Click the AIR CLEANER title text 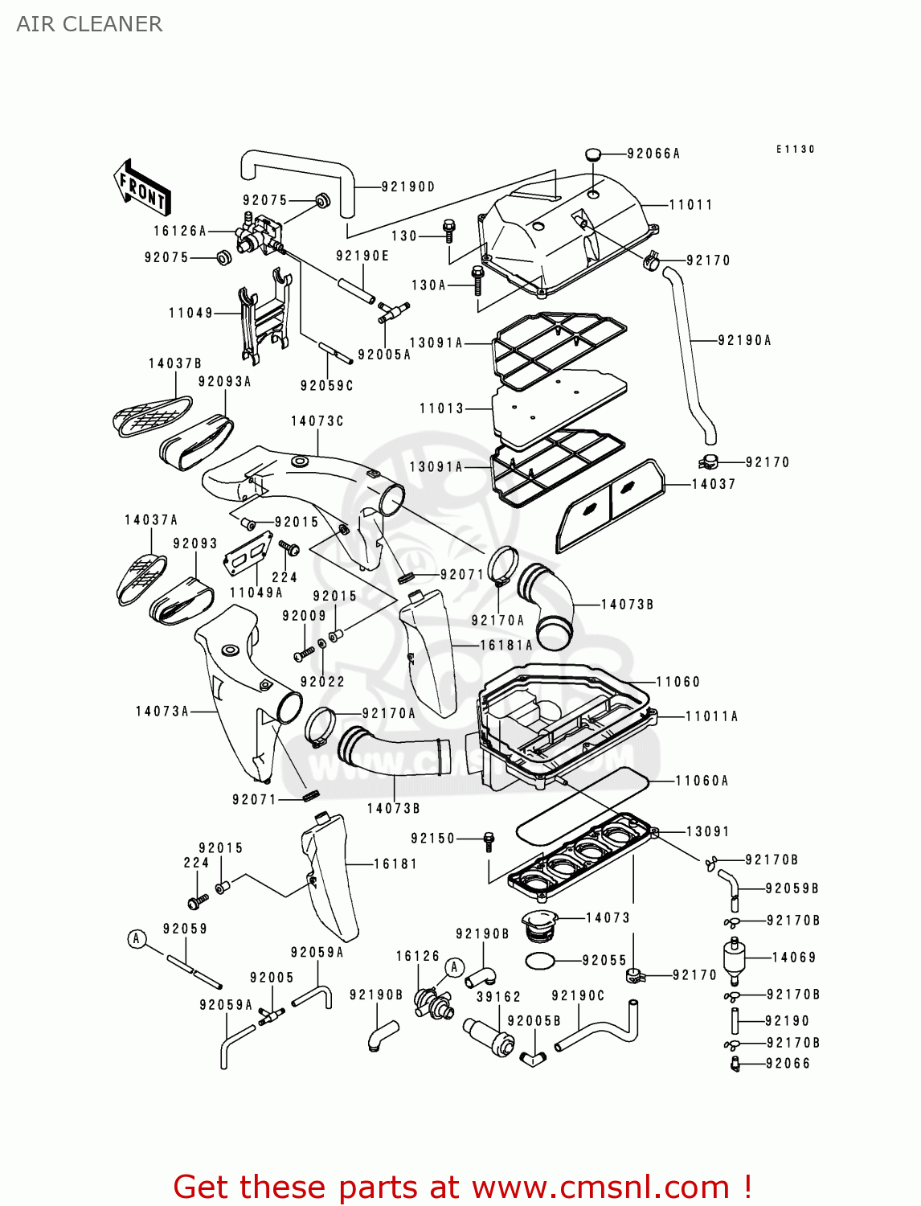pos(89,24)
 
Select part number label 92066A pos(653,154)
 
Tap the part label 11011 pos(691,205)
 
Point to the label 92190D pos(407,187)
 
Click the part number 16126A pos(180,231)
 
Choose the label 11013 pos(441,408)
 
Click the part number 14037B pos(174,363)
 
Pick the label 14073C pos(317,421)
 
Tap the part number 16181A pos(506,645)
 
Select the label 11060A pos(702,781)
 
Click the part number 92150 pos(432,838)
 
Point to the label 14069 pos(793,957)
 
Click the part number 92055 pos(604,960)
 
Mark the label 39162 pos(498,996)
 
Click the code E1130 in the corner pos(795,150)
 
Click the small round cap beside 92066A pos(592,154)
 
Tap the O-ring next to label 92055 pos(540,960)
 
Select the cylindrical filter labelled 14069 pos(734,957)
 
